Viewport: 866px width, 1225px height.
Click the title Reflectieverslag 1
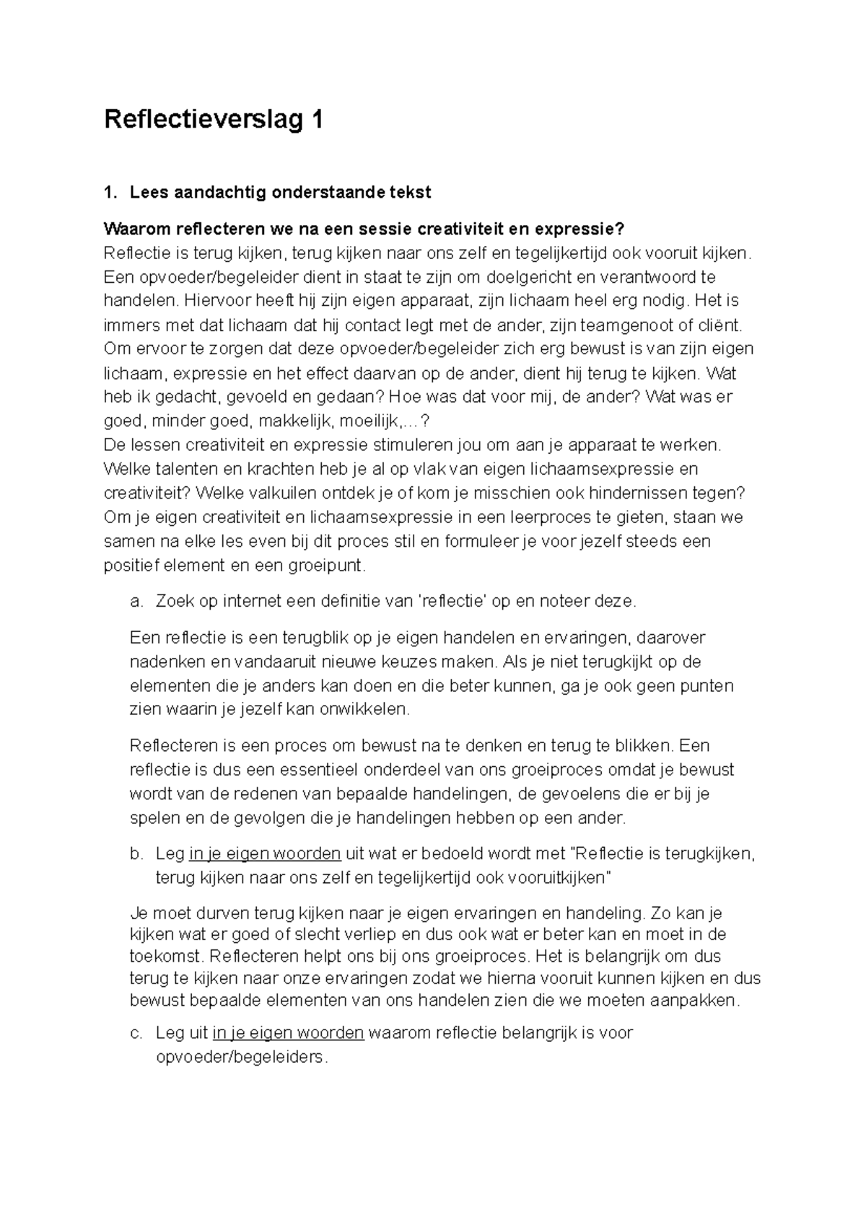click(213, 120)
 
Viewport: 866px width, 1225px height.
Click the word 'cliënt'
click(716, 325)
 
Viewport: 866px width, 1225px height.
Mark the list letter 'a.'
click(136, 601)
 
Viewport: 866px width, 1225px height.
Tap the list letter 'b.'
click(136, 854)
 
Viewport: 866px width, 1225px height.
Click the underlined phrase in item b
click(265, 854)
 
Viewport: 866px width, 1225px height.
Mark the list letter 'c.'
click(136, 1033)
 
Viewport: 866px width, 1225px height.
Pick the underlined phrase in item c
click(288, 1033)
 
